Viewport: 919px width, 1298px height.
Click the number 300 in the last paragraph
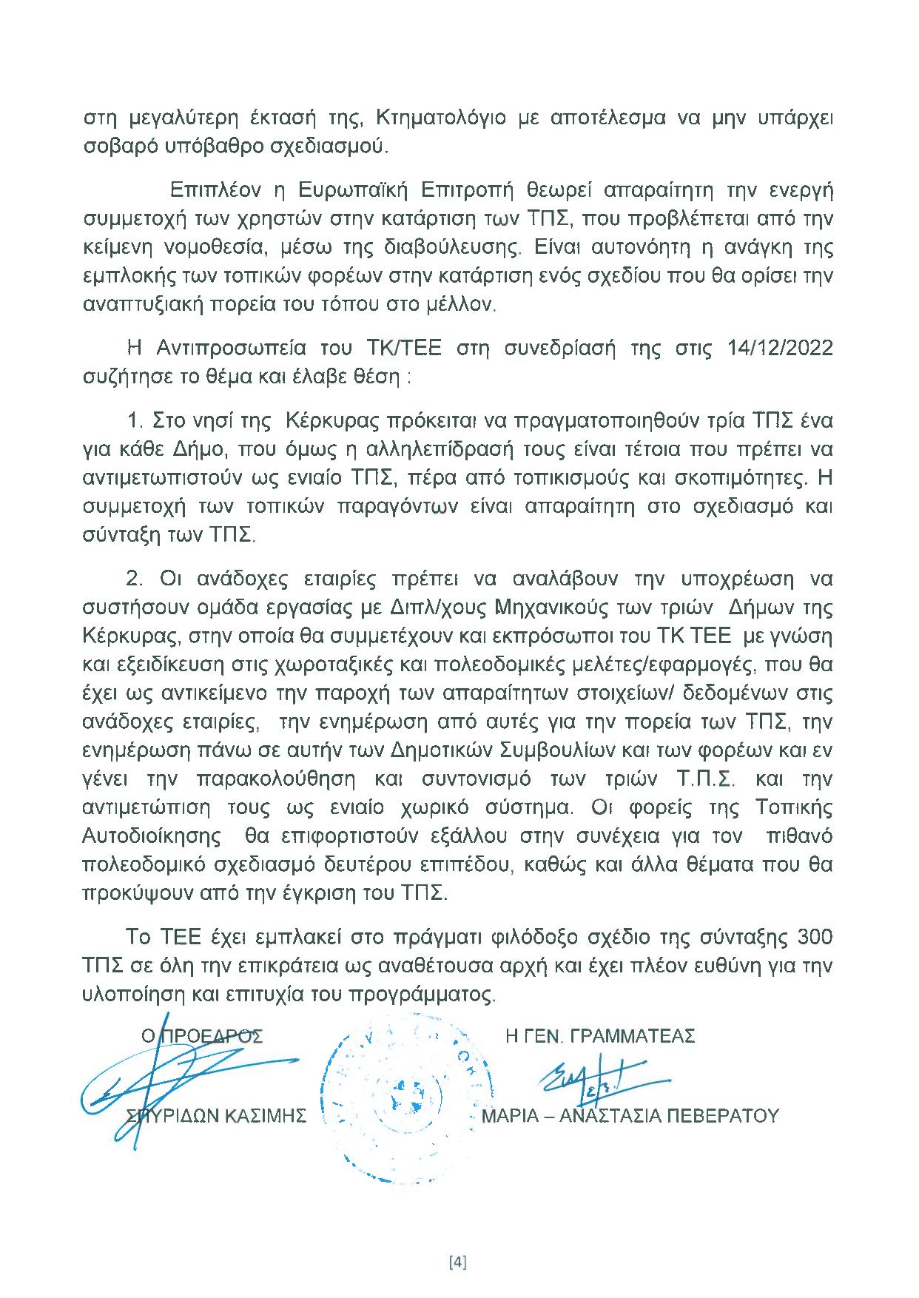pos(812,937)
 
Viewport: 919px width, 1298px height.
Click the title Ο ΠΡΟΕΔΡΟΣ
pos(202,1036)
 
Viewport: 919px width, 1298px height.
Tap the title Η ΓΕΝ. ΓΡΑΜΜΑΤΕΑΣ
pos(600,1036)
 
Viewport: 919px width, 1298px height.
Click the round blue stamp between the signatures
pos(396,1095)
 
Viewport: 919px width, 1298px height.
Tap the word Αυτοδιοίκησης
pos(151,836)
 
